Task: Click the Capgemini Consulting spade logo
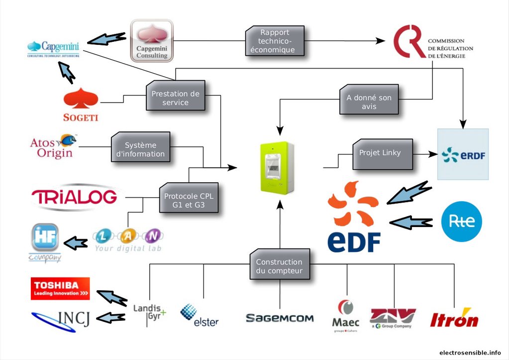[x=152, y=40]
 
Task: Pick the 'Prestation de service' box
[x=176, y=98]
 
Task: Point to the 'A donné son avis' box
[x=369, y=102]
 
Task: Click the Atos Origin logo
[x=53, y=146]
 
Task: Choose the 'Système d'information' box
[x=140, y=149]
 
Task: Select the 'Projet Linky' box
[x=383, y=153]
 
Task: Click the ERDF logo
[x=463, y=154]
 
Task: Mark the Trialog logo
[x=75, y=196]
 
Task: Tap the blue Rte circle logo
[x=462, y=222]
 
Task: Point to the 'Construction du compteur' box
[x=279, y=266]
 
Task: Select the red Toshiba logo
[x=60, y=288]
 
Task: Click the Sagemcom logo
[x=280, y=318]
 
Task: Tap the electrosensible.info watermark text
[x=470, y=353]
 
